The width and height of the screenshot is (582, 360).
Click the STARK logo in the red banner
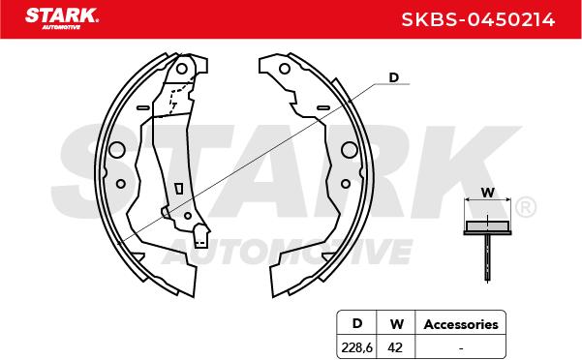click(62, 18)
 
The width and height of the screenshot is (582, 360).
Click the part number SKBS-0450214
click(478, 19)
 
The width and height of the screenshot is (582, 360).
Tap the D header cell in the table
click(356, 323)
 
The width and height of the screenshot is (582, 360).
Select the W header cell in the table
click(396, 324)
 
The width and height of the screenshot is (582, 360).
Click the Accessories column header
click(461, 324)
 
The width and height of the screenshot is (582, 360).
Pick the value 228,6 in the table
click(356, 347)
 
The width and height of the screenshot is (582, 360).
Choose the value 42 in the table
click(395, 347)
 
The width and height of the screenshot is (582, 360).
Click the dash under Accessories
click(461, 348)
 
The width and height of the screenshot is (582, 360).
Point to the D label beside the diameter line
click(393, 77)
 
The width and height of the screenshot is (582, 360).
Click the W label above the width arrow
click(488, 193)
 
